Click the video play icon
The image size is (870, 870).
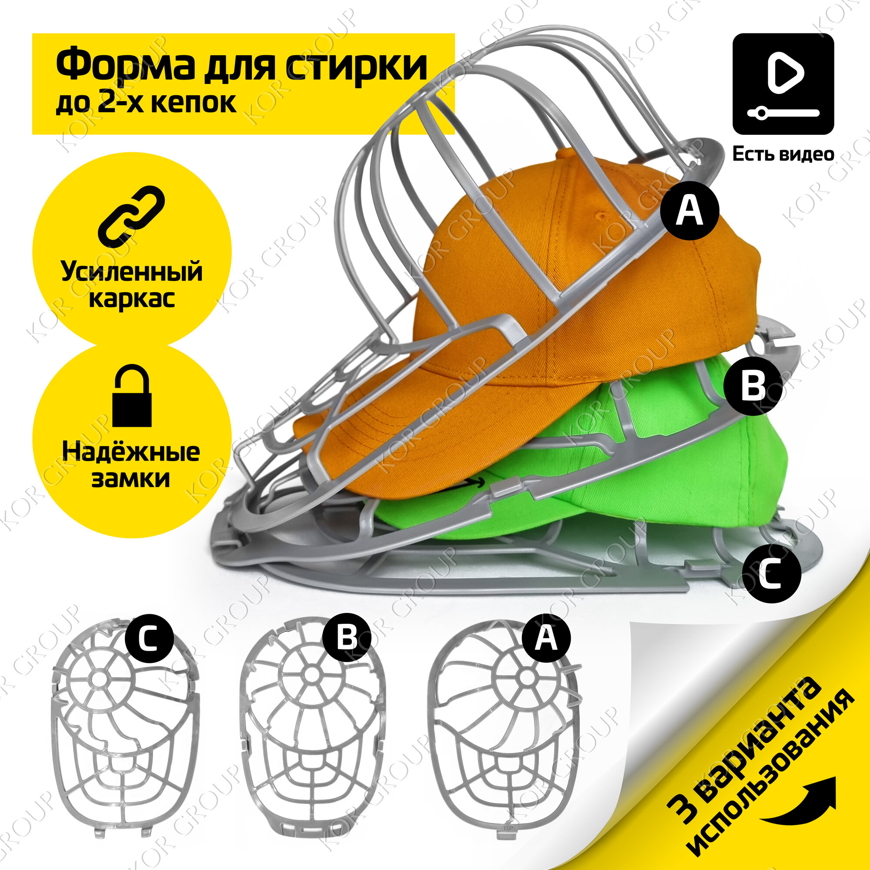[x=783, y=84]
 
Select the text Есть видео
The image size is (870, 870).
[x=783, y=154]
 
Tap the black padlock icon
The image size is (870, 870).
[x=131, y=396]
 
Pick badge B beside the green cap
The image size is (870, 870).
[x=753, y=385]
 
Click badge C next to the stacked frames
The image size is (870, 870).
[x=771, y=575]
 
